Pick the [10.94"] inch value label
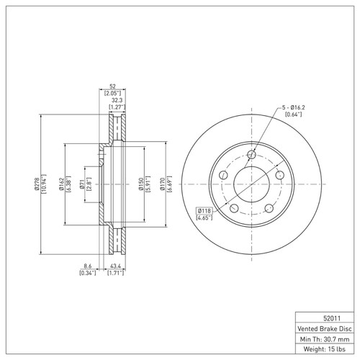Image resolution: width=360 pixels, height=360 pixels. (45, 184)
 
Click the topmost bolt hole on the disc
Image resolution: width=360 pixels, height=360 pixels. (251, 156)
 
